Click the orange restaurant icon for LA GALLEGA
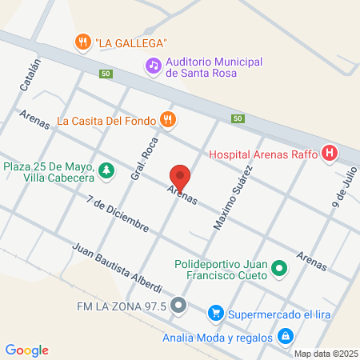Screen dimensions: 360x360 82,42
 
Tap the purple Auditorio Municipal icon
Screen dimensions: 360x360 152,66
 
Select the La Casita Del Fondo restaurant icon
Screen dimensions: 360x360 167,121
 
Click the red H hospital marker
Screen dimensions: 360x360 329,154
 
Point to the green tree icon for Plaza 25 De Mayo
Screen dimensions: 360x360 106,170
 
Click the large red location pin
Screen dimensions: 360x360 180,177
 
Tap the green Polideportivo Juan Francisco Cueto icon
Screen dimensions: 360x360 279,270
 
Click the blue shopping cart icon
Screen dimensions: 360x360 214,313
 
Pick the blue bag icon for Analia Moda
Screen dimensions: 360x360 285,337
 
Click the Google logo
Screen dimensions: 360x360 26,350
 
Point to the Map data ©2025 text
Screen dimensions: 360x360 326,354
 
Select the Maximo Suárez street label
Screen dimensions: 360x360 232,198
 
